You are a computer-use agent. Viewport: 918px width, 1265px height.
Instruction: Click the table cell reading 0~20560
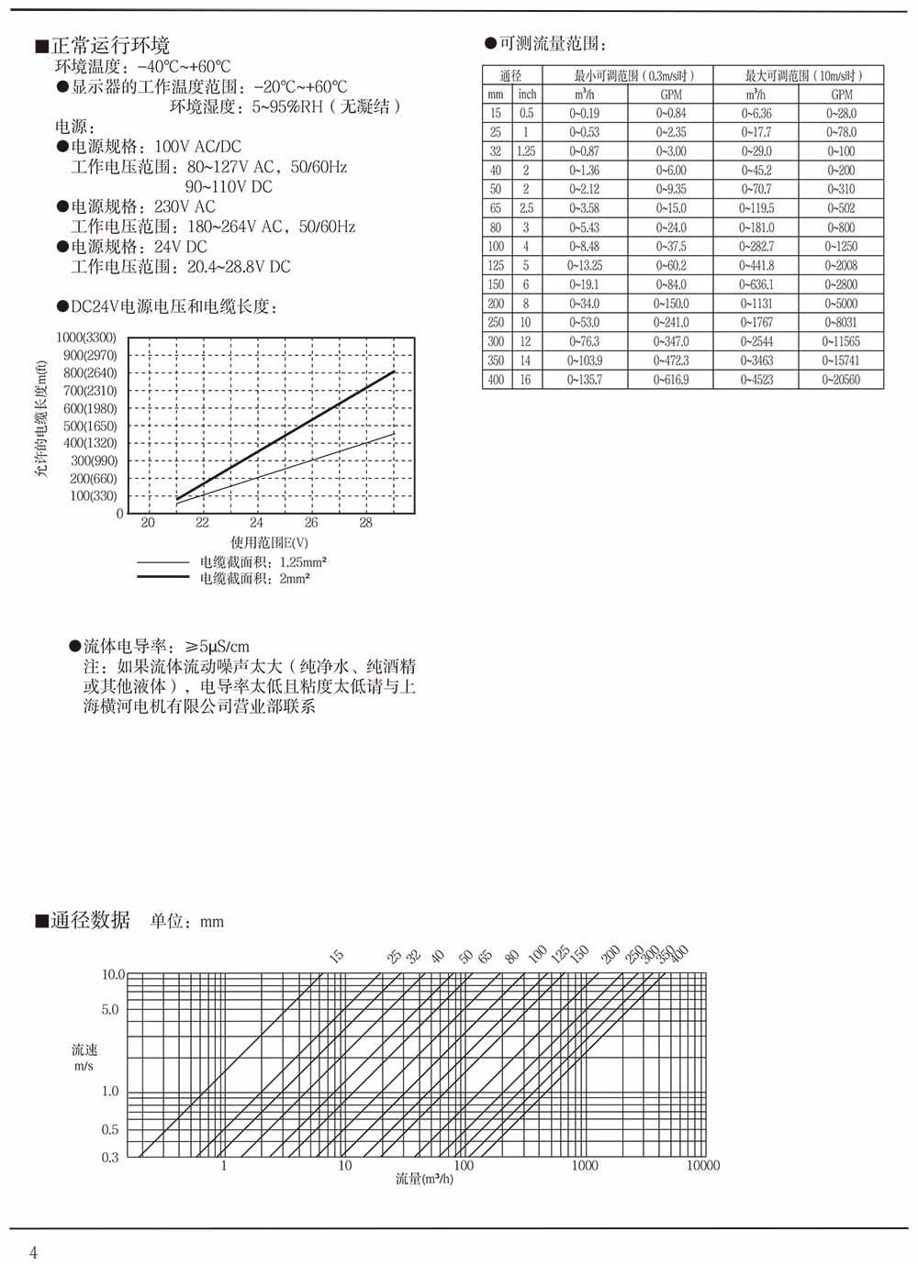841,380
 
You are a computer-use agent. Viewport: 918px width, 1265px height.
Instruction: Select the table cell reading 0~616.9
671,380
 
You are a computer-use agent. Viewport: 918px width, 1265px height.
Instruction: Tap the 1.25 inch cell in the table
526,151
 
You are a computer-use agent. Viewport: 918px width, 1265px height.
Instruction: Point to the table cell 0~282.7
756,247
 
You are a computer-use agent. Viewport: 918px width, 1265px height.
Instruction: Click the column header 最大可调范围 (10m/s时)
799,75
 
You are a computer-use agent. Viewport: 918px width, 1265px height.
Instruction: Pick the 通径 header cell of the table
511,75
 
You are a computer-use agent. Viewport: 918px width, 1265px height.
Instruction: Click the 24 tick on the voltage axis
256,523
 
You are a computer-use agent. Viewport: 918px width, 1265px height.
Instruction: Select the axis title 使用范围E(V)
269,543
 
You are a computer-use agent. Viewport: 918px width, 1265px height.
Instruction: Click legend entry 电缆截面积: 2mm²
254,579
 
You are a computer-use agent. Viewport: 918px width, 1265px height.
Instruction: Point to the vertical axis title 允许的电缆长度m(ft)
40,418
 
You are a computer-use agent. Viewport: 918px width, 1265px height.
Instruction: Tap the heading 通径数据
90,920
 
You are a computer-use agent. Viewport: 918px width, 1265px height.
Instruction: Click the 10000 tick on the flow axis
703,1166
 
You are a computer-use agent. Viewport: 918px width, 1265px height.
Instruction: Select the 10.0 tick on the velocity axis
112,974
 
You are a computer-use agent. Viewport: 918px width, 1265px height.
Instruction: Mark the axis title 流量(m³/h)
424,1179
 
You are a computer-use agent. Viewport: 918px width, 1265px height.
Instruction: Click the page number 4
34,1253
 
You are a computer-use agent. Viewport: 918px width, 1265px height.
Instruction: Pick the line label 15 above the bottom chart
337,957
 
